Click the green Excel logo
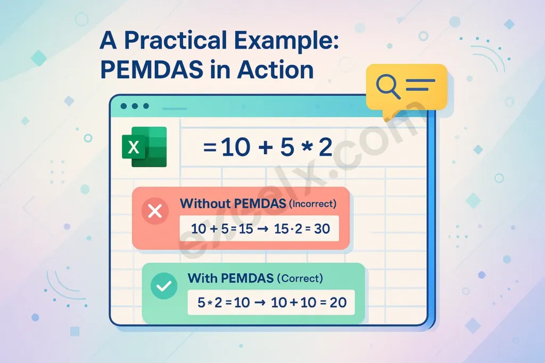click(x=144, y=147)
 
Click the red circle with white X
click(x=155, y=211)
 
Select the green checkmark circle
click(x=164, y=285)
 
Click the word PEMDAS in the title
click(x=152, y=70)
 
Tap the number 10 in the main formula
click(x=235, y=147)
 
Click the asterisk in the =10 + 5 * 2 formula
click(x=307, y=147)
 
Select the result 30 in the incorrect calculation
click(x=322, y=229)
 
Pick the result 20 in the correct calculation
click(x=338, y=302)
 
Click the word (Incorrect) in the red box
click(x=312, y=204)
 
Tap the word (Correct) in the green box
click(x=300, y=278)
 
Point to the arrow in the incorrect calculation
click(x=263, y=229)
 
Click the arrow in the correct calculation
click(x=260, y=302)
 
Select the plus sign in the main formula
click(x=266, y=147)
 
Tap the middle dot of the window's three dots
click(x=135, y=106)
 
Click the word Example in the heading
click(x=286, y=41)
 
